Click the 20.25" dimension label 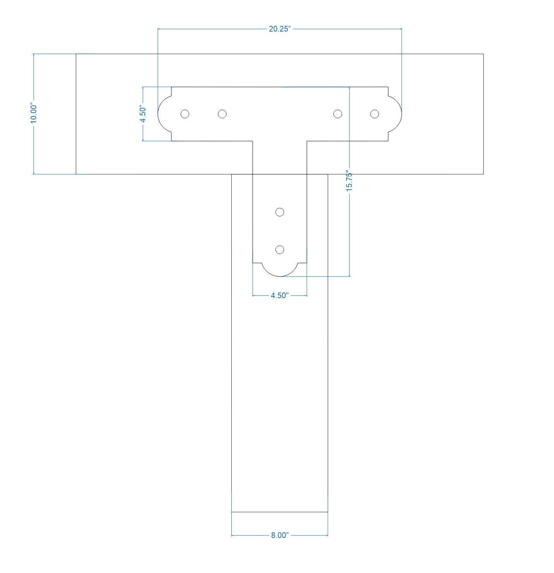pos(279,29)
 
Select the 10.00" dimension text pos(34,114)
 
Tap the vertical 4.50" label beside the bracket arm pos(143,114)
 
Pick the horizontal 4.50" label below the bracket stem pos(279,296)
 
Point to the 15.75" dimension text pos(349,181)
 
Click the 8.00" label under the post pos(279,535)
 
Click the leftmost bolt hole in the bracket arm pos(185,114)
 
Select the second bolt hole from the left pos(222,114)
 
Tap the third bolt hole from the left pos(338,114)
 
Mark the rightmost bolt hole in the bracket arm pos(374,114)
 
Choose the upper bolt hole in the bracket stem pos(280,212)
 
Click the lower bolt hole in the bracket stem pos(280,250)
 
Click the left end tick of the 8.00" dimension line pos(232,535)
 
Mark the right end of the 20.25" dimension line pos(402,29)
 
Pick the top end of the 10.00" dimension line pos(34,54)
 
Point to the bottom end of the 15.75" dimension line pos(350,276)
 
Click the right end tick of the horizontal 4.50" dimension pos(307,296)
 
